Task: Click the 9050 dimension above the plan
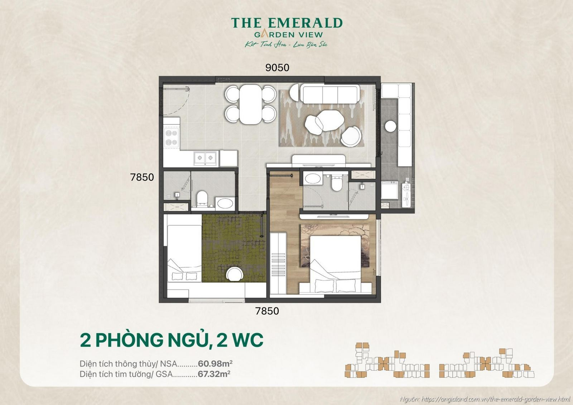tap(277, 67)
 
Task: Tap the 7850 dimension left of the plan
tap(142, 177)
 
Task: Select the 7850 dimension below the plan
tap(267, 311)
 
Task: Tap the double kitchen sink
tap(206, 157)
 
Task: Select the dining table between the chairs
tap(251, 104)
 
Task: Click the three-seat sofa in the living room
tap(329, 94)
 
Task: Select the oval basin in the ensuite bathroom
tap(313, 179)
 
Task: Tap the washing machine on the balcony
tap(389, 190)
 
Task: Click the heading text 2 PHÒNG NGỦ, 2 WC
tap(172, 340)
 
